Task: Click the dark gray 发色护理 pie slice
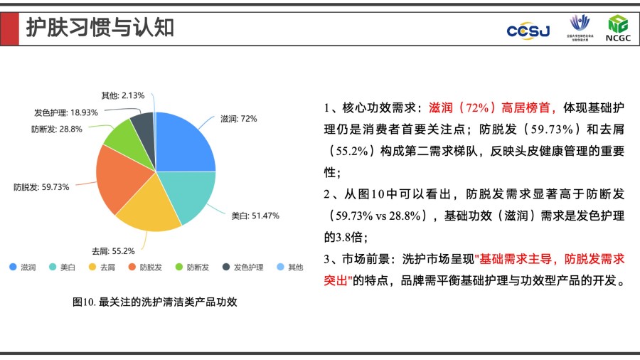point(143,124)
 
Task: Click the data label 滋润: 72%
point(238,119)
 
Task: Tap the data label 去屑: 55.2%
point(113,250)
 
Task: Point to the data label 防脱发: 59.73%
point(41,187)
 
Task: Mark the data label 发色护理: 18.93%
point(65,112)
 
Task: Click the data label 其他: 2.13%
point(123,95)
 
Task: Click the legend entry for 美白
point(63,268)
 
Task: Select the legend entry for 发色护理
point(242,268)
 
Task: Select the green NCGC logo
point(617,28)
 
